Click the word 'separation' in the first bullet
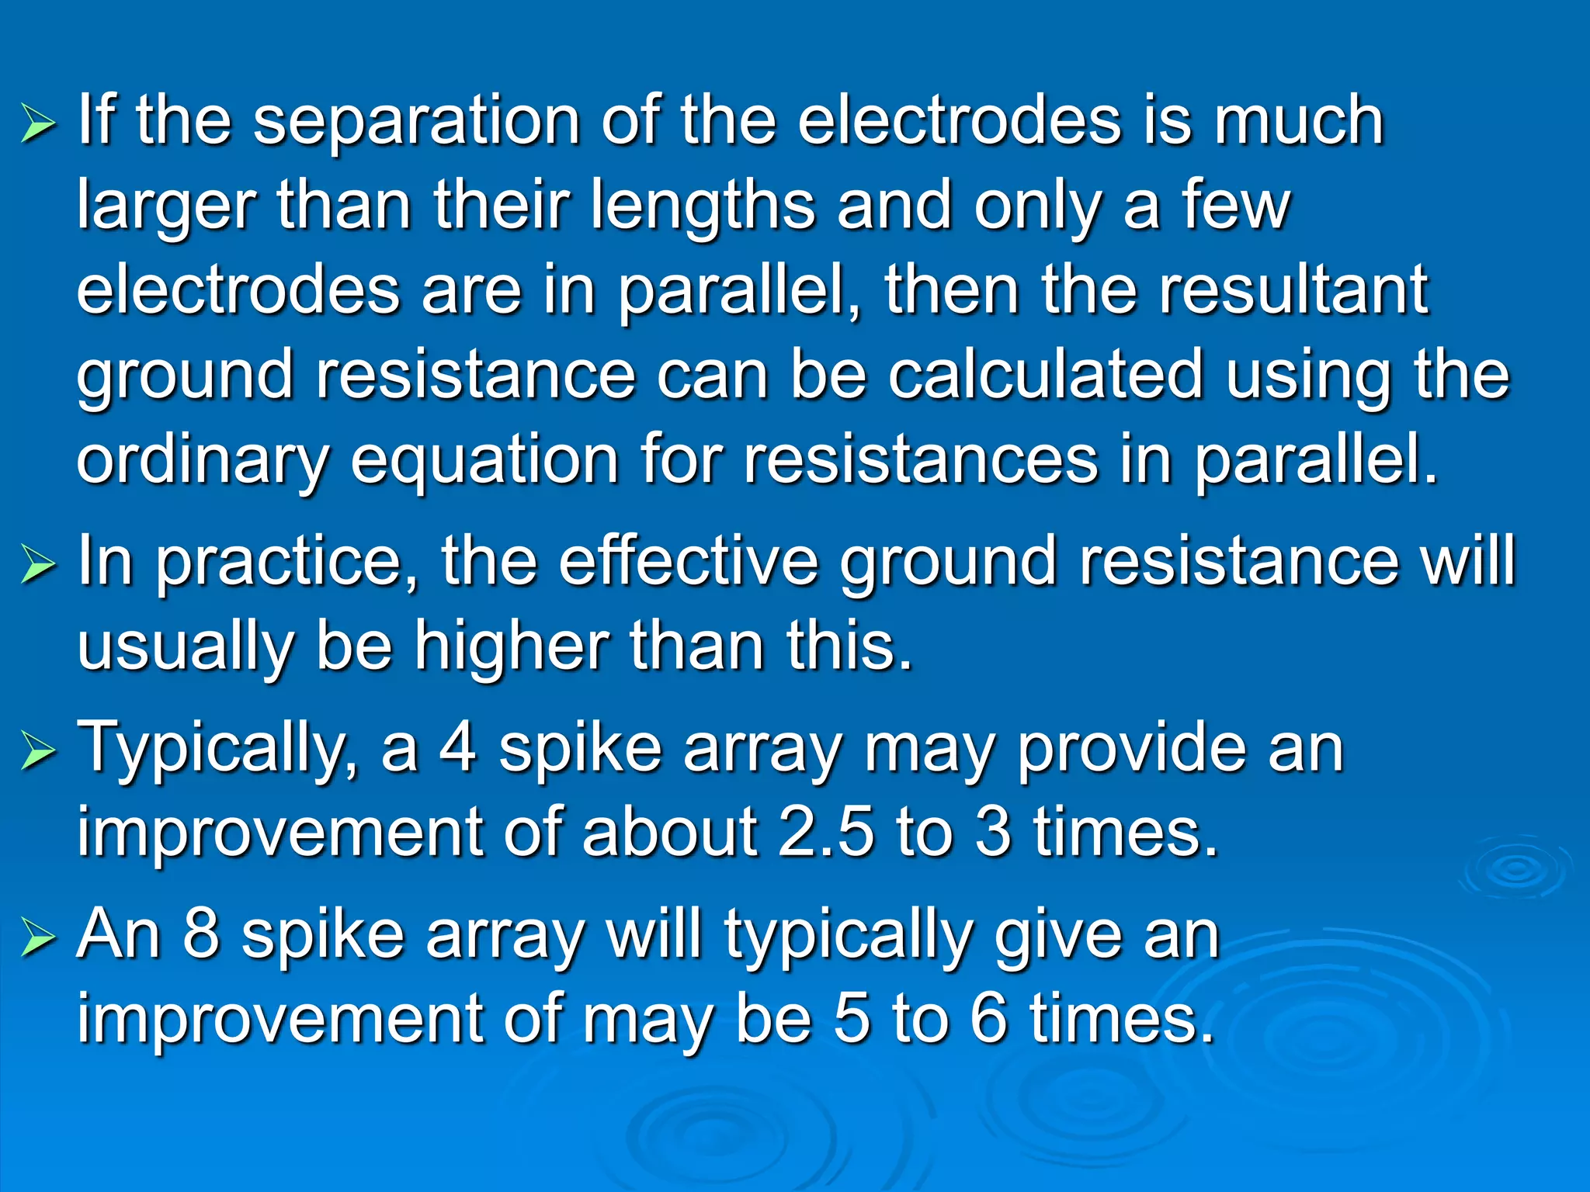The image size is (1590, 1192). [x=417, y=123]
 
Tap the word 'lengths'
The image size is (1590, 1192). [x=702, y=208]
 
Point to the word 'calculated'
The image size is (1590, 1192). [x=1046, y=376]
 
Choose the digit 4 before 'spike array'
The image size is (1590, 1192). [x=458, y=748]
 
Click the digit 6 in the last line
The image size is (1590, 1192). [x=989, y=1018]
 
